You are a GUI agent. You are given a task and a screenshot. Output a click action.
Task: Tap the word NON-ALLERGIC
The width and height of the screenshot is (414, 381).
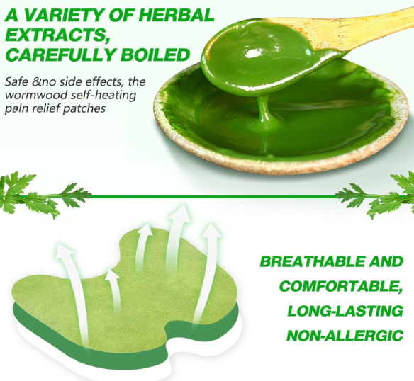[x=344, y=335]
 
